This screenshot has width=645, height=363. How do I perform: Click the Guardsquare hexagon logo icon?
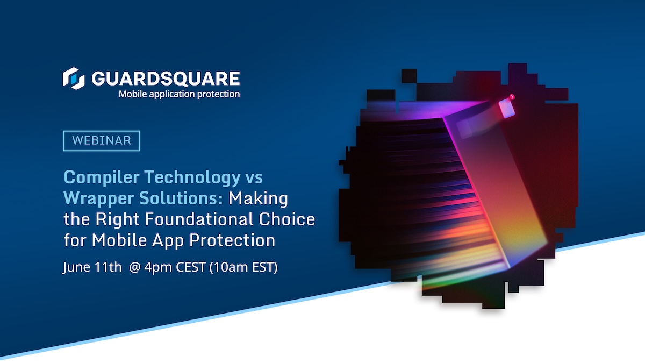[74, 78]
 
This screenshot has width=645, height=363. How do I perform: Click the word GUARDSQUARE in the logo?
[165, 79]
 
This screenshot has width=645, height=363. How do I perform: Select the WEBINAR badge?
[102, 140]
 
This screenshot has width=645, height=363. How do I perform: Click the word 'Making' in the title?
[259, 198]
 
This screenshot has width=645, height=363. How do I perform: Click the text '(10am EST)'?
[245, 267]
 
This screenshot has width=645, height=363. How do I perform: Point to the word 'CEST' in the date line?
[192, 267]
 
